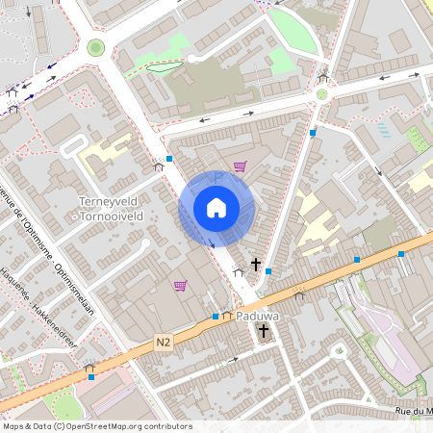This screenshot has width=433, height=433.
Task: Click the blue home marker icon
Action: click(216, 207)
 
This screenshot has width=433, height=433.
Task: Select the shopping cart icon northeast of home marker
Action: click(240, 166)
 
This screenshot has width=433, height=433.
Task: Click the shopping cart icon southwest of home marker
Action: click(180, 285)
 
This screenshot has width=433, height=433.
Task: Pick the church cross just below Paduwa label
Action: click(264, 331)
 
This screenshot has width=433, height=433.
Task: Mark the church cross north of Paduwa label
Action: click(255, 263)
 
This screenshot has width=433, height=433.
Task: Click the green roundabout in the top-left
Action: click(95, 47)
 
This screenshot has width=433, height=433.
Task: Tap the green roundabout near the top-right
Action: click(321, 94)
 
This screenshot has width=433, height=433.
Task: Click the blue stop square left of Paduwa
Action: click(216, 316)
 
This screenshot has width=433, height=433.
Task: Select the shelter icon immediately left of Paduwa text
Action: click(226, 315)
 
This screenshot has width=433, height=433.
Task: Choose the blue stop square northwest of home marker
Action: click(169, 158)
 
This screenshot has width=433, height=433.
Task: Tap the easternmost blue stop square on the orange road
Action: click(401, 254)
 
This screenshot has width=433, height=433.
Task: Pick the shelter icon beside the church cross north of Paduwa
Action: click(238, 272)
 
